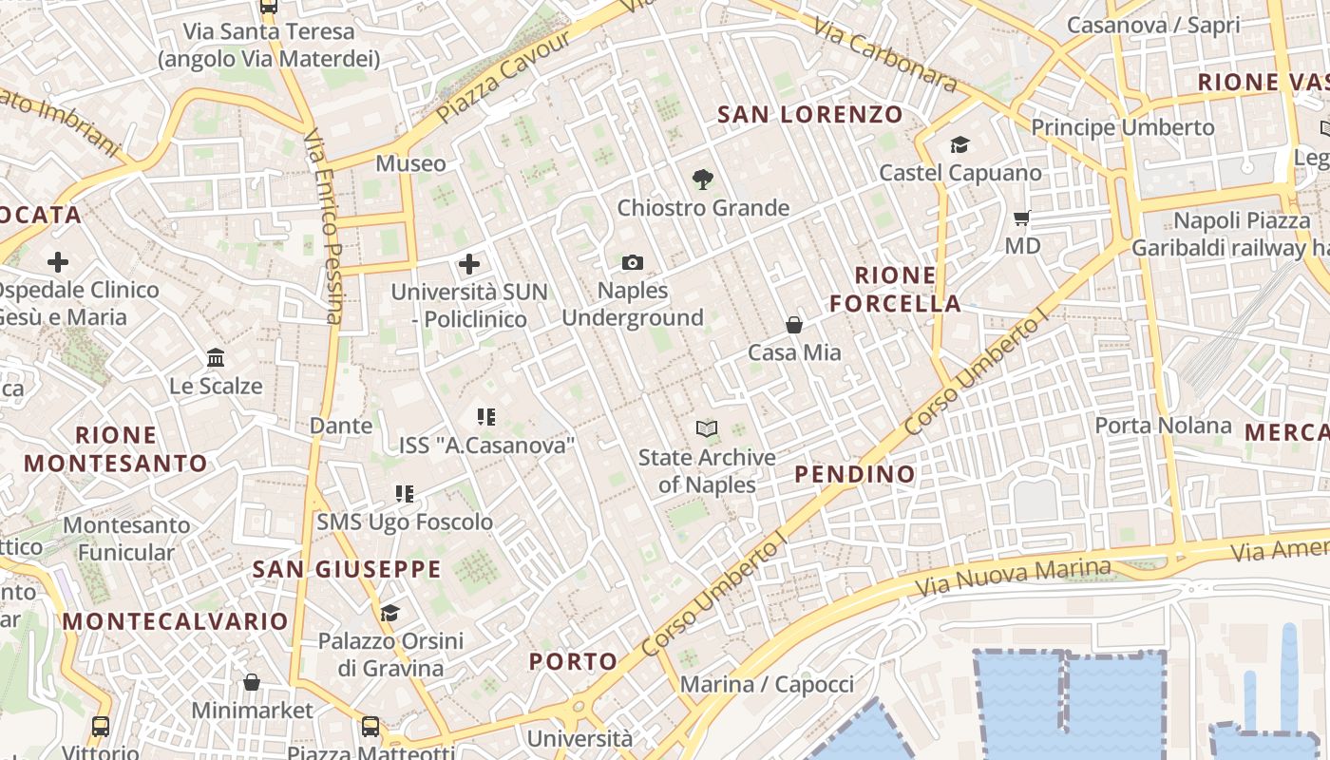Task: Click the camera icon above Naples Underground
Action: tap(632, 262)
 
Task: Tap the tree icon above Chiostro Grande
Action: tap(703, 178)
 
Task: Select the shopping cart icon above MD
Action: tap(1022, 218)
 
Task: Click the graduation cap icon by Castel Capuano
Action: tap(959, 145)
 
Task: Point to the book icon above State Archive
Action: tap(706, 428)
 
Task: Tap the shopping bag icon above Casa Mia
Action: tap(794, 325)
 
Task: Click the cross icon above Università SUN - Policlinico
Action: tap(469, 264)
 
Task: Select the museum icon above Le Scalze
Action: tap(216, 358)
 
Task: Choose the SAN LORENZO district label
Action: tap(810, 115)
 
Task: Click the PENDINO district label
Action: tap(855, 473)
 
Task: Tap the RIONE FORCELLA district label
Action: tap(895, 290)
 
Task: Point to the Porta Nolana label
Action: tap(1163, 425)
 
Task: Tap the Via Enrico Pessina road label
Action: tap(324, 226)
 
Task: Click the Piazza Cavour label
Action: tap(505, 77)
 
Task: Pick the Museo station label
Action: tap(410, 163)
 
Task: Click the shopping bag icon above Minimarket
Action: tap(252, 682)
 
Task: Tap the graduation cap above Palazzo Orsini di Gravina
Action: tap(389, 613)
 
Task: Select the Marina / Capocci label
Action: tap(767, 684)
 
